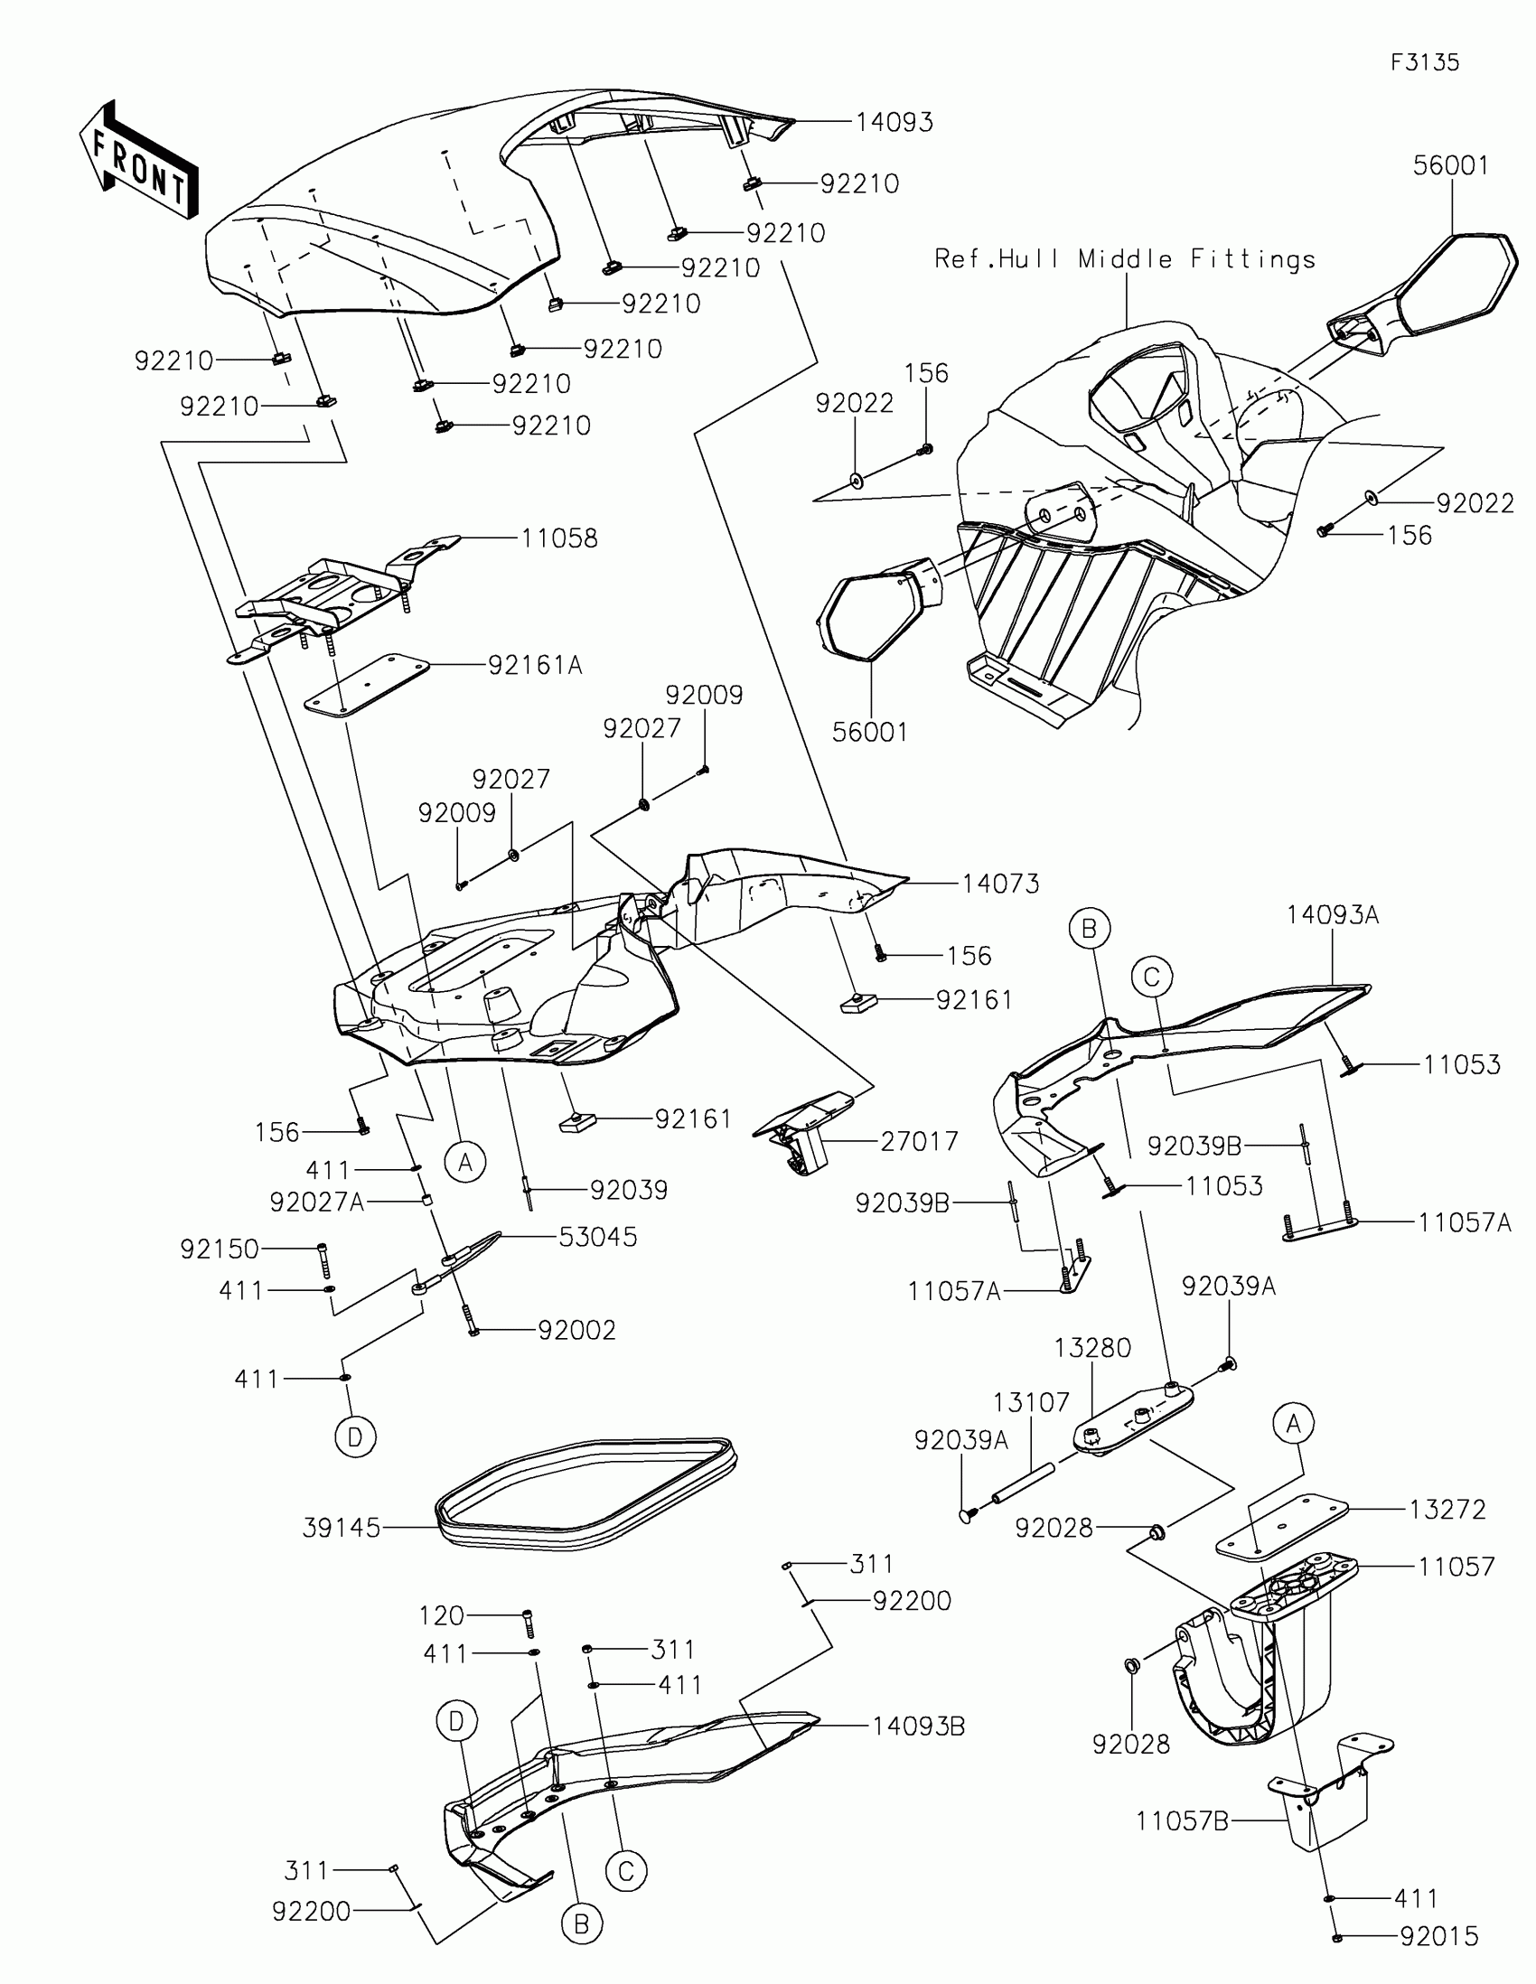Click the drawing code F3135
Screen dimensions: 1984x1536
coord(1424,62)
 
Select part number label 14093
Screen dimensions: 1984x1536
coord(894,123)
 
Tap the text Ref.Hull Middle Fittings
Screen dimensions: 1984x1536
coord(1125,260)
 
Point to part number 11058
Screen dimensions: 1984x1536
coord(558,538)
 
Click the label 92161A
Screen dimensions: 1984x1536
coord(535,666)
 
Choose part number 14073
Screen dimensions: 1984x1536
coord(1000,883)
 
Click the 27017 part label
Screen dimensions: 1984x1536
coord(918,1141)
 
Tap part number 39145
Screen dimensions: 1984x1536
coord(342,1528)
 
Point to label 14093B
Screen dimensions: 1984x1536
coord(918,1726)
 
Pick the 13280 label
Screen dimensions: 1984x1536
coord(1091,1348)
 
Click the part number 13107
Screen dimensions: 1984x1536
coord(1030,1402)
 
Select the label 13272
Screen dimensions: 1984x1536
coord(1447,1510)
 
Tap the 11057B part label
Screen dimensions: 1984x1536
coord(1181,1820)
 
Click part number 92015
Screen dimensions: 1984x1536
coord(1438,1938)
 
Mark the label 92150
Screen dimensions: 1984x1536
coord(220,1249)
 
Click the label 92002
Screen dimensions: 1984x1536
coord(576,1330)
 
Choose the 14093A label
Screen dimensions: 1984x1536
coord(1332,916)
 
